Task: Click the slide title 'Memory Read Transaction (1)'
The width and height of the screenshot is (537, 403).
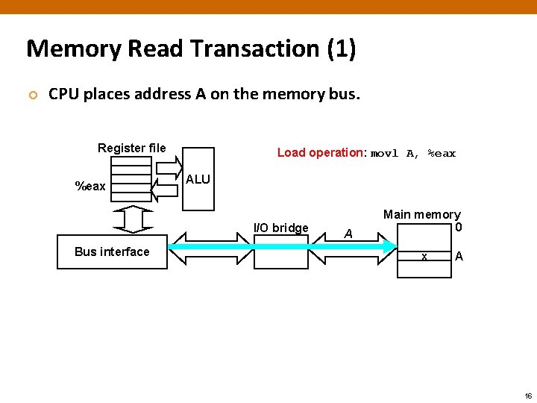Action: pos(191,49)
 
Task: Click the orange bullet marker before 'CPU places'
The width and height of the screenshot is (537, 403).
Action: pos(32,96)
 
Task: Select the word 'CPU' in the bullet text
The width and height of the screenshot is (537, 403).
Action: pos(63,95)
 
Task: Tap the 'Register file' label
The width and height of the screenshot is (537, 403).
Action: pos(132,148)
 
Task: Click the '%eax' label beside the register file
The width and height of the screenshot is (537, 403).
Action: pos(90,186)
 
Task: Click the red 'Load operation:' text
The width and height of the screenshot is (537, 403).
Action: pos(321,152)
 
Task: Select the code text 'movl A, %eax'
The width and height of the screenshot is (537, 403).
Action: pos(413,153)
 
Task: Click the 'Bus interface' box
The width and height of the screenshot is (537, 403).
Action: pos(112,252)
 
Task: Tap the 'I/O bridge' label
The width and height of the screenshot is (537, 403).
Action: pos(281,228)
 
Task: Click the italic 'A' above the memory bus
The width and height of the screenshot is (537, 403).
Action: pos(348,234)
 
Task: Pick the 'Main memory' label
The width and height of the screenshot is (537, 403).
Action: pos(421,215)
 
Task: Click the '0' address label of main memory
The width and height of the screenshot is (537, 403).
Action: pos(459,228)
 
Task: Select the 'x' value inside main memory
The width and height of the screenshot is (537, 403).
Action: pos(424,257)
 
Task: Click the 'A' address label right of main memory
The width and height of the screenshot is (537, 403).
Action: pos(459,257)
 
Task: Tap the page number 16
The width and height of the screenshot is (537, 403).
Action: pos(528,395)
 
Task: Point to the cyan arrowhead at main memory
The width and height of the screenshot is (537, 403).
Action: pos(390,247)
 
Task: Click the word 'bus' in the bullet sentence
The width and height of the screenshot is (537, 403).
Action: pos(346,95)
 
